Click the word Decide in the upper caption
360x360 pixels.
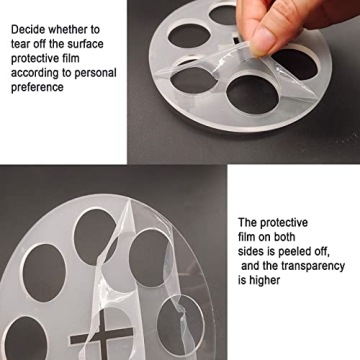(28, 30)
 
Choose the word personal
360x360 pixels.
(95, 73)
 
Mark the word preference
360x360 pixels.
(37, 88)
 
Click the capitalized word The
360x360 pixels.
(247, 222)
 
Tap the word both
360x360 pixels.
(283, 237)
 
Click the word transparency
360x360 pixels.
(312, 266)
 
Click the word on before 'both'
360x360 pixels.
(262, 237)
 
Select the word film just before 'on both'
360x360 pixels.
(246, 237)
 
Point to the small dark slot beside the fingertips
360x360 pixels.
(236, 38)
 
